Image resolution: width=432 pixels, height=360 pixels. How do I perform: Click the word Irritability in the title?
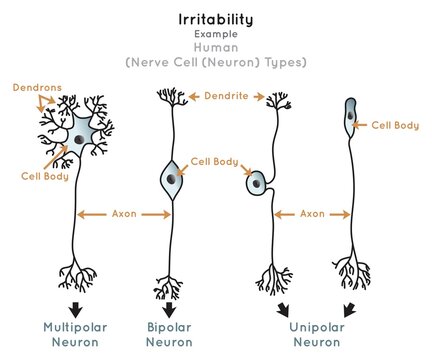(217, 19)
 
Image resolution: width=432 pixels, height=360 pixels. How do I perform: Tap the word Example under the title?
(217, 34)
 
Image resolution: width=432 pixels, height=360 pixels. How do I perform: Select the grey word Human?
(217, 47)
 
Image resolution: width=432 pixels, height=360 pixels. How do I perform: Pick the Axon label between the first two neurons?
(123, 213)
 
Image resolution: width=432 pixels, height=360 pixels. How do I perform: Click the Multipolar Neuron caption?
(74, 333)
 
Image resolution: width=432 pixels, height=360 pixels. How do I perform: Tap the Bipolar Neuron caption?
(168, 333)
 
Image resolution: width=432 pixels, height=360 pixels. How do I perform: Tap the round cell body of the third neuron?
(258, 183)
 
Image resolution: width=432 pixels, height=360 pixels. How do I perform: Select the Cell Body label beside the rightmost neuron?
(395, 125)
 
